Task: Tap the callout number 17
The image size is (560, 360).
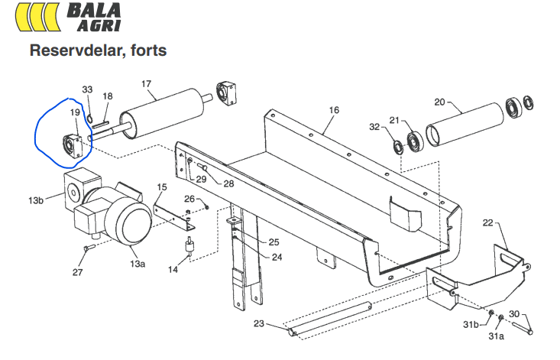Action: coord(147,83)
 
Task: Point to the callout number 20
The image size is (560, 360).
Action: coord(439,101)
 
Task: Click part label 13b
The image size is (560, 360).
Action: coord(36,201)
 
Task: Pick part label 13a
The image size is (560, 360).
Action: coord(137,264)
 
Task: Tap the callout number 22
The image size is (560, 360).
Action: coord(487,223)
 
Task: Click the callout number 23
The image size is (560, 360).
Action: coord(258,324)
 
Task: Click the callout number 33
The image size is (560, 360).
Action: coord(86,90)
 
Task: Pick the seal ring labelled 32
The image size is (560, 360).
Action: coord(398,146)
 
